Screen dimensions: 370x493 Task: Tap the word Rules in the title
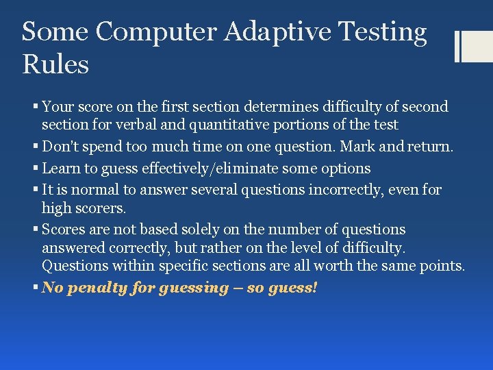[55, 65]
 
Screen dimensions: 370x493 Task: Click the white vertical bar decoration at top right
[457, 46]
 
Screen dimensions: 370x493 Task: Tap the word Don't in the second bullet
[61, 147]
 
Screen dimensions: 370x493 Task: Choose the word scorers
[101, 207]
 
